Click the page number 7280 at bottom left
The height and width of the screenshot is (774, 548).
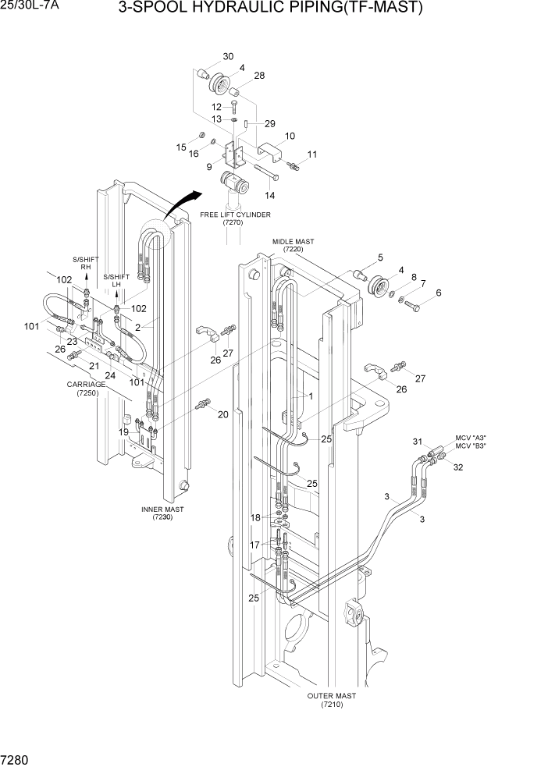[x=16, y=758]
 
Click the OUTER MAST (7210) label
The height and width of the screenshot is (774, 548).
[x=333, y=700]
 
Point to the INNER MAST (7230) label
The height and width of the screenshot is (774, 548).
[x=162, y=513]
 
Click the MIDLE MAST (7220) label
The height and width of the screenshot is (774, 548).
[x=293, y=246]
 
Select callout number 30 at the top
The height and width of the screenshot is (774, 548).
[x=228, y=56]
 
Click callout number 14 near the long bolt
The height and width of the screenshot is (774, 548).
[x=271, y=195]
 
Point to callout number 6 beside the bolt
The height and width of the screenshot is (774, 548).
[x=438, y=293]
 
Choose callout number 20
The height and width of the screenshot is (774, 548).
[x=223, y=414]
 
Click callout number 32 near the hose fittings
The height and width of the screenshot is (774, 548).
[x=458, y=467]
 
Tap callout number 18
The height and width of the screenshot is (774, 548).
[x=255, y=517]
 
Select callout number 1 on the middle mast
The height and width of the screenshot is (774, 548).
[x=310, y=396]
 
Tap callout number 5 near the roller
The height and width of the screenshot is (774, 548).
[x=380, y=257]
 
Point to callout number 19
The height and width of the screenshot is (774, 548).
[x=123, y=431]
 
